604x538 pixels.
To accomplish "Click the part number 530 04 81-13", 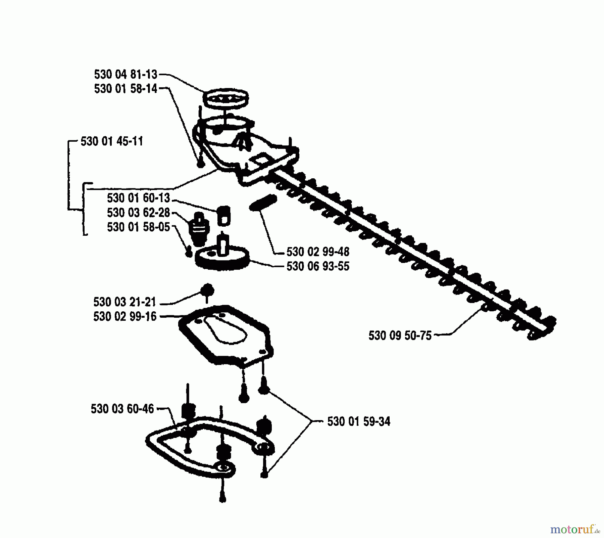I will pos(125,74).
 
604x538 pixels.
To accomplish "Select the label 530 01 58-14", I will pos(125,89).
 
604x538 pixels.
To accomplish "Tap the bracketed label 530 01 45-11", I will pos(112,141).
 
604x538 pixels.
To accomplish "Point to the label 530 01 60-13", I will pos(138,198).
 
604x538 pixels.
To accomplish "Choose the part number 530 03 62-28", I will pos(138,213).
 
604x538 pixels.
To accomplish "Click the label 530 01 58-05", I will pos(138,227).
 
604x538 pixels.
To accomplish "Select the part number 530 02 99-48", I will pos(318,252).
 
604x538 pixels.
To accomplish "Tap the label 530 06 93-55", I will pos(318,266).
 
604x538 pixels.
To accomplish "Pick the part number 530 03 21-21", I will pos(124,302).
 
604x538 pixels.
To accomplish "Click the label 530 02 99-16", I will pos(124,317).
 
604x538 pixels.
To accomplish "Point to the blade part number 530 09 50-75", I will pos(400,335).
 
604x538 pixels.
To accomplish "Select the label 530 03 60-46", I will pos(122,409).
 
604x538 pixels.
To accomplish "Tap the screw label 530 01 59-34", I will pos(359,421).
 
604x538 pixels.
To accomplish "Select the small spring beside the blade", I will pos(263,203).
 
